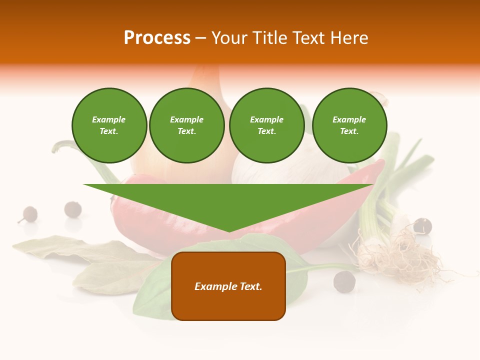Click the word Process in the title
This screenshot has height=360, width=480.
(157, 38)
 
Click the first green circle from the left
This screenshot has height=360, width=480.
(109, 125)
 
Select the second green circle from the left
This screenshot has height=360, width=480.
(187, 125)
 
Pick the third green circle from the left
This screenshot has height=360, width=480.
(267, 125)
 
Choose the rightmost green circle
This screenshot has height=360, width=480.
(349, 125)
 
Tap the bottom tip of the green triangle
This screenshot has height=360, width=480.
(229, 230)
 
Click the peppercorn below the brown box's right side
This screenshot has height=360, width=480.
(344, 281)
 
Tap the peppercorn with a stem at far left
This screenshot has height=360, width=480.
(29, 214)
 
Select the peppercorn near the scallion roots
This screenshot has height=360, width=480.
(422, 226)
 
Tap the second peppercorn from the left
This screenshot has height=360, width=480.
(73, 209)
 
